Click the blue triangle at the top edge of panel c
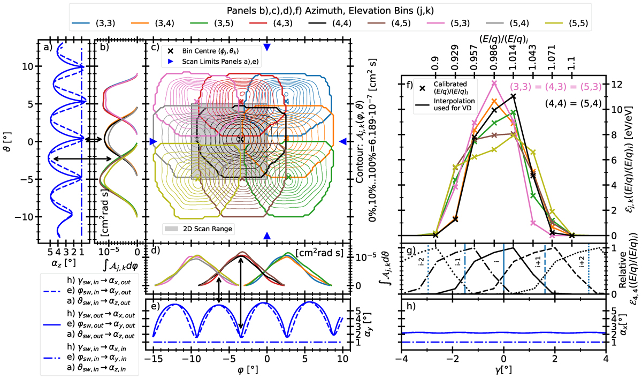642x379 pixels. (267, 47)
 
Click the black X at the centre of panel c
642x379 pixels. (241, 139)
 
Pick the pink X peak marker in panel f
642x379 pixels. (493, 83)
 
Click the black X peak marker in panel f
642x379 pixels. (513, 96)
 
